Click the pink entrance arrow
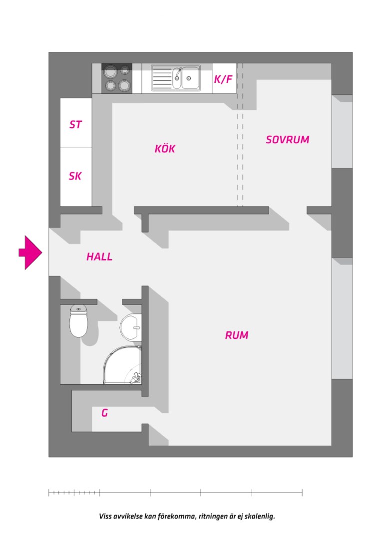pyautogui.click(x=30, y=253)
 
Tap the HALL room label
pyautogui.click(x=99, y=257)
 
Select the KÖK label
pyautogui.click(x=165, y=149)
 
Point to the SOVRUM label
pyautogui.click(x=288, y=140)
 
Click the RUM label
pyautogui.click(x=237, y=335)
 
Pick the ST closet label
pyautogui.click(x=75, y=124)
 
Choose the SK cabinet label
pyautogui.click(x=75, y=176)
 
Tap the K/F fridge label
pyautogui.click(x=223, y=79)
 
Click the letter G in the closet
pyautogui.click(x=104, y=413)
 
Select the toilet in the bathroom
pyautogui.click(x=79, y=321)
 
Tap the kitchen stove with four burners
pyautogui.click(x=117, y=78)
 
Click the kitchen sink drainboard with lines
pyautogui.click(x=162, y=78)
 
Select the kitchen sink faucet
pyautogui.click(x=178, y=74)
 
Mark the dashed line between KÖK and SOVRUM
pyautogui.click(x=240, y=135)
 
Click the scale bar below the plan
pyautogui.click(x=175, y=493)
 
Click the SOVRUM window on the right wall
pyautogui.click(x=342, y=132)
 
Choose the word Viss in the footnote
pyautogui.click(x=105, y=516)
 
